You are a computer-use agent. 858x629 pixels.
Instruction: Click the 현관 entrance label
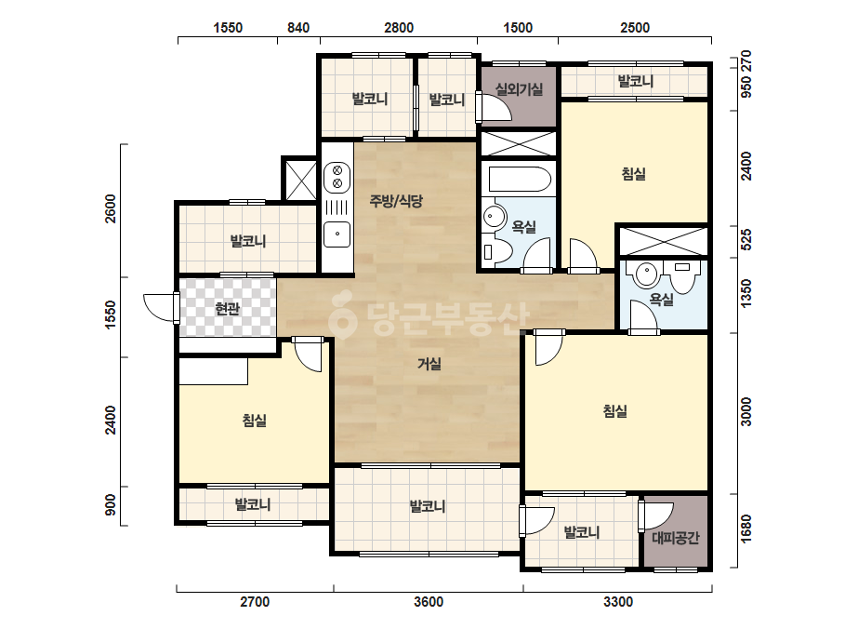coord(228,309)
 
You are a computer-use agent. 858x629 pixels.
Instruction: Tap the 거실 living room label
coord(429,363)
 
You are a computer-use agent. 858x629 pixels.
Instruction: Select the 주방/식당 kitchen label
coord(396,201)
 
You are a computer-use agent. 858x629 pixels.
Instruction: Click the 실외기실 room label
coord(519,88)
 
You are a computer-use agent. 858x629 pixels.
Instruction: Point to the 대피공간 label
coord(676,538)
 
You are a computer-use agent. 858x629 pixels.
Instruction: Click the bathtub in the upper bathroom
coord(519,179)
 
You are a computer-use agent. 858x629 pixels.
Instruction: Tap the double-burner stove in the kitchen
coord(337,177)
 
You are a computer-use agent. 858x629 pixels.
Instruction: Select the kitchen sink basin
coord(337,234)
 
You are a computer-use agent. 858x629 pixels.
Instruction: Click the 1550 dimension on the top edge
coord(228,27)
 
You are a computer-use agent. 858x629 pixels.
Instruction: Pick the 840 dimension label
coord(298,27)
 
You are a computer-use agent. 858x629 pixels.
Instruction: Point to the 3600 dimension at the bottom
coord(429,602)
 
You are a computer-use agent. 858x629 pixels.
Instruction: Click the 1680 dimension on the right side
coord(746,529)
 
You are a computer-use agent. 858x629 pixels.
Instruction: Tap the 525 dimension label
coord(746,240)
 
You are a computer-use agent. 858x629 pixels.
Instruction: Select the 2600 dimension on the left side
coord(111,208)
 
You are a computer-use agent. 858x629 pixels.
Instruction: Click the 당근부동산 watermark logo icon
coord(342,315)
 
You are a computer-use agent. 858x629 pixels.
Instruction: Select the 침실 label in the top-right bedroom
coord(634,174)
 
